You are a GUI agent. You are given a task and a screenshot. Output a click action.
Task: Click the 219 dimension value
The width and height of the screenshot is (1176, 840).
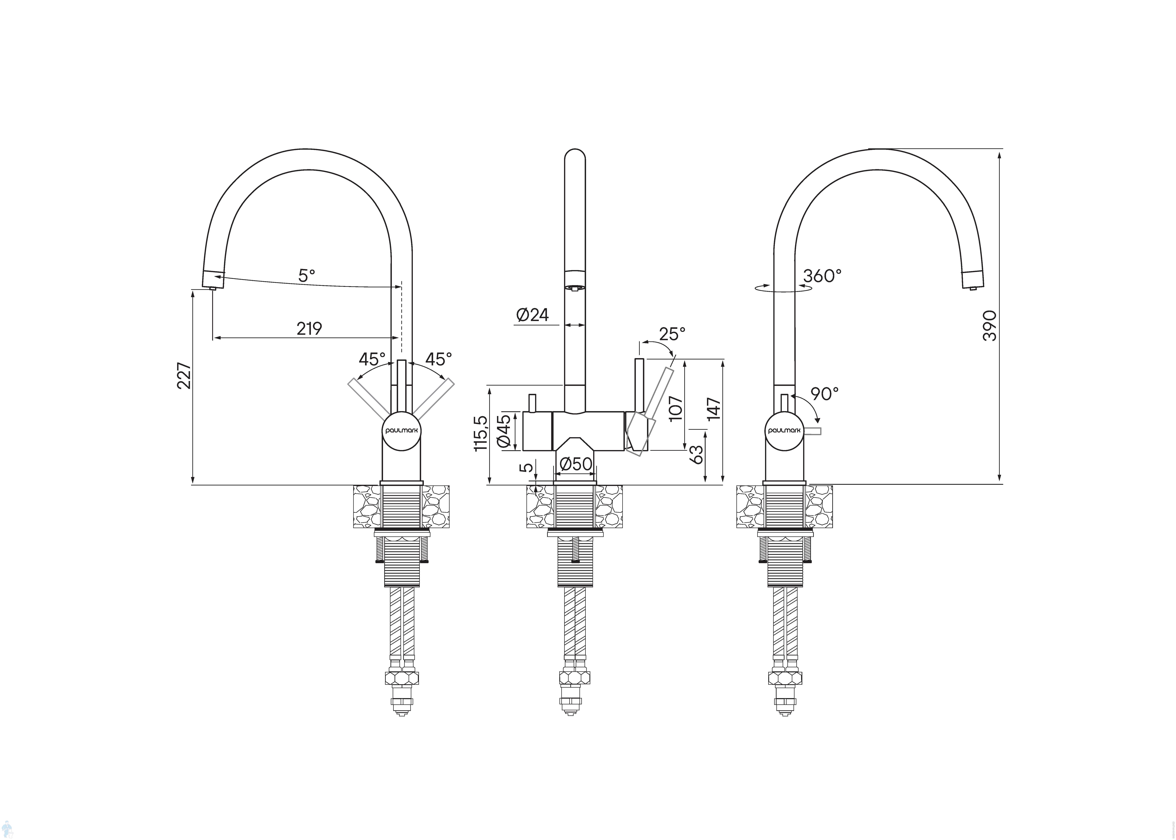point(309,328)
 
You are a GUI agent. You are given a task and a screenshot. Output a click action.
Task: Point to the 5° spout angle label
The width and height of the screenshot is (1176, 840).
point(307,276)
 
